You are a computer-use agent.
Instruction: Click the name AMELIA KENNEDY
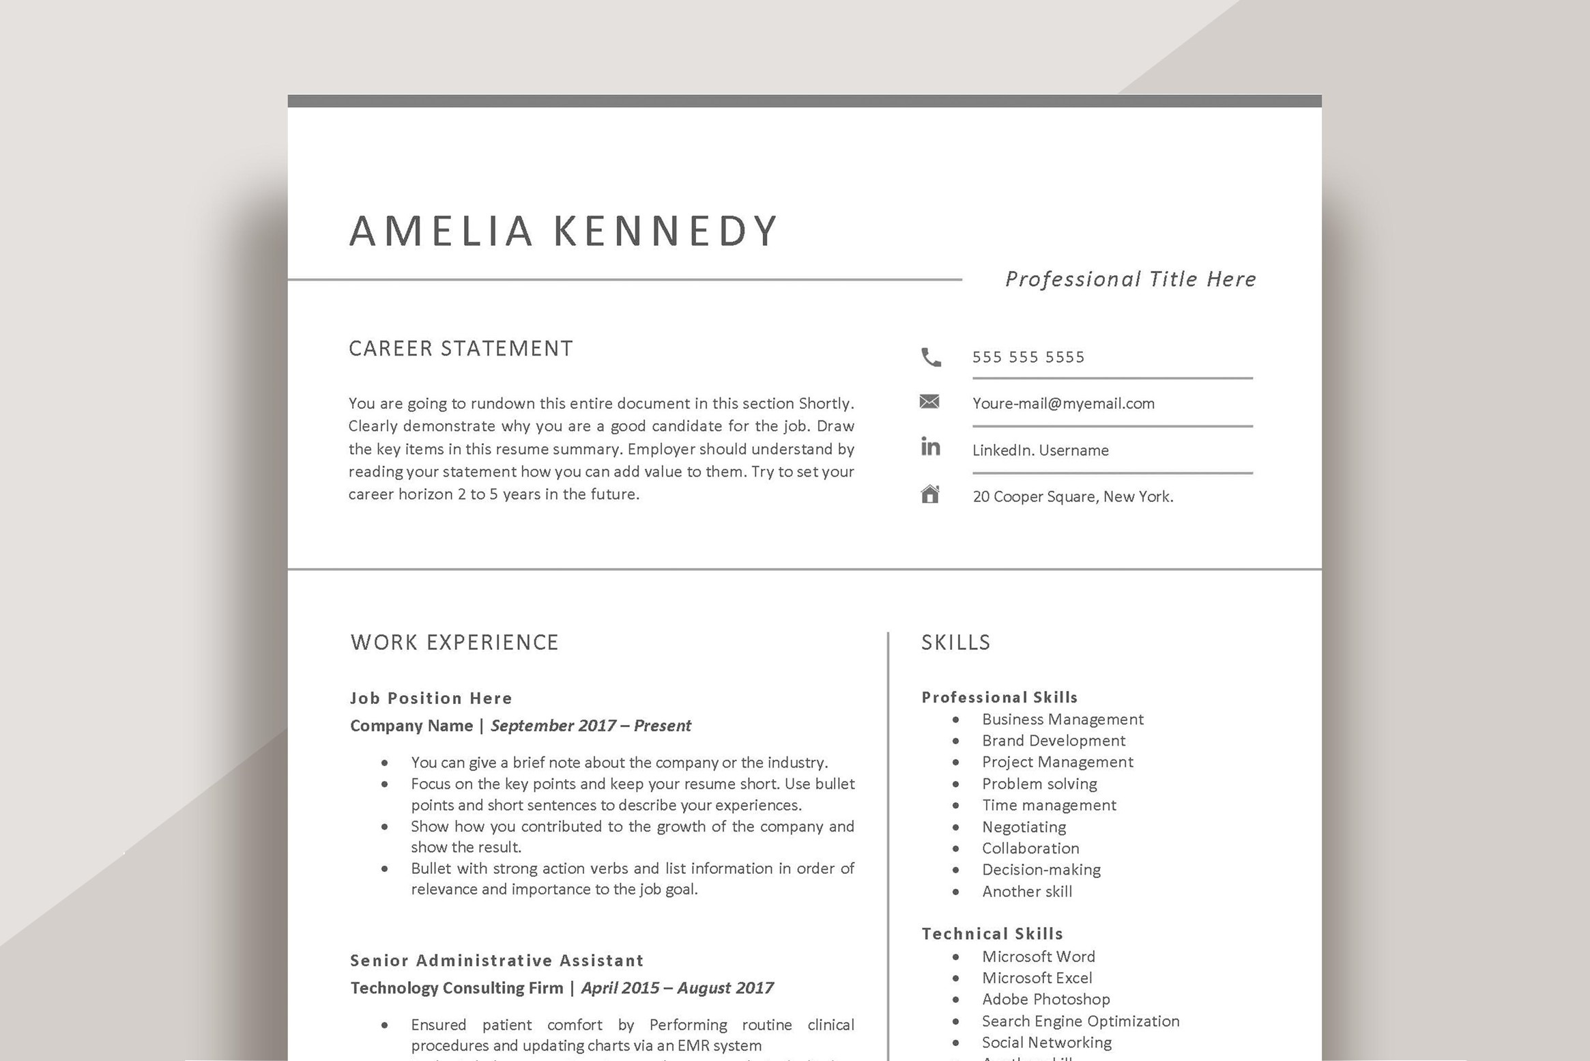coord(564,231)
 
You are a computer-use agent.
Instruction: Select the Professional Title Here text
coord(1130,279)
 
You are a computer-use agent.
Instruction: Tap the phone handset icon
coord(931,357)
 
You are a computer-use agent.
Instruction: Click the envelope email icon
coord(929,401)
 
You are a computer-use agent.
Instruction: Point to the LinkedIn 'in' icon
coord(930,447)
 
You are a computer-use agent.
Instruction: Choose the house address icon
coord(930,494)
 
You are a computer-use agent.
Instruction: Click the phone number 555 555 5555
coord(1028,357)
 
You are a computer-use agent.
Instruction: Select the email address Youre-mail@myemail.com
coord(1063,404)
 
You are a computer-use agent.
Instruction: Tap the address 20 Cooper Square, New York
coord(1073,496)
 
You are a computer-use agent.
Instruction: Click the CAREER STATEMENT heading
coord(461,349)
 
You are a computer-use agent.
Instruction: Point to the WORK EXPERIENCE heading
coord(454,642)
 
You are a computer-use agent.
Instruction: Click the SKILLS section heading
coord(955,642)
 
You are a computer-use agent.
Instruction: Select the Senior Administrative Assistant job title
coord(497,961)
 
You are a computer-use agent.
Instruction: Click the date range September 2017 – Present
coord(590,726)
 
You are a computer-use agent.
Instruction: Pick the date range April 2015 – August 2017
coord(677,988)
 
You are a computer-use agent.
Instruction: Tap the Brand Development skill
coord(1053,741)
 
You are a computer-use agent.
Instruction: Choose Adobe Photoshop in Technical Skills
coord(1045,1000)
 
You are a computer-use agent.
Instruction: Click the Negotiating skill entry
coord(1024,827)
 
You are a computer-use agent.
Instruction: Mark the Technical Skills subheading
coord(992,934)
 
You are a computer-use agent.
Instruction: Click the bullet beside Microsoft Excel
coord(955,978)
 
